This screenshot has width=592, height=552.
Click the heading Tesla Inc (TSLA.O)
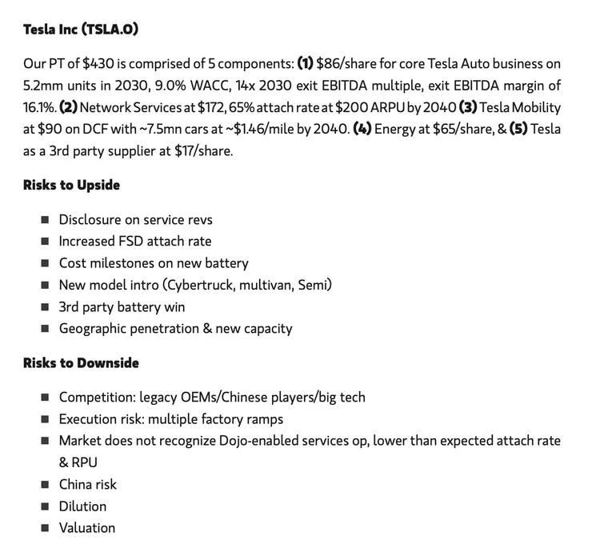81,30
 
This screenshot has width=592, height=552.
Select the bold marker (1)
305,64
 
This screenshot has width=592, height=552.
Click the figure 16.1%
39,107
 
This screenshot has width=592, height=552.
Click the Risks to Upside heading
71,186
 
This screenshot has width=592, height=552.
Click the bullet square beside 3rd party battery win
45,307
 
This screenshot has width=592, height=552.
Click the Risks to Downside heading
81,363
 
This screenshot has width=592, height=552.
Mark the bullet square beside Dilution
45,506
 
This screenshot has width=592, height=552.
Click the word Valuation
87,528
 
